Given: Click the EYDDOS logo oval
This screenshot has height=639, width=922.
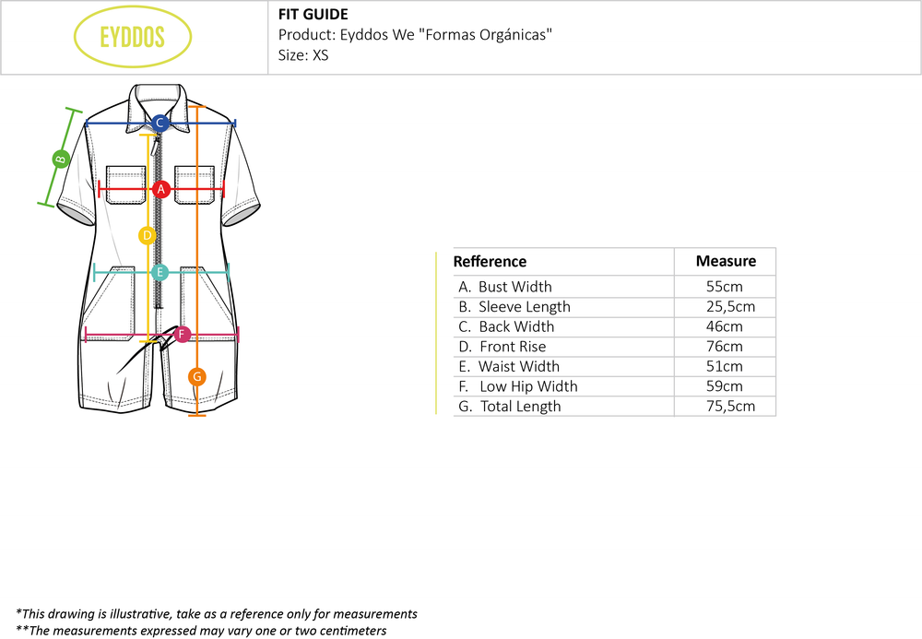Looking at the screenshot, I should [132, 38].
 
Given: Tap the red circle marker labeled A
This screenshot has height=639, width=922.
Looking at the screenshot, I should [161, 190].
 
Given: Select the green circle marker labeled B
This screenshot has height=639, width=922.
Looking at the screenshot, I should [61, 158].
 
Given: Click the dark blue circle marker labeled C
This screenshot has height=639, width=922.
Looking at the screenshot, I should [160, 123].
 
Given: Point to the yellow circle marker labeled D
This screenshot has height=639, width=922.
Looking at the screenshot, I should [147, 236].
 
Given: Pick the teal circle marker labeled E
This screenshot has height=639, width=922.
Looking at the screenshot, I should [160, 272].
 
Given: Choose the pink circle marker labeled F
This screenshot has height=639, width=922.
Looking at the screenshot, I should [182, 334].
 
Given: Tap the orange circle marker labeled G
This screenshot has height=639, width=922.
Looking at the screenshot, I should [196, 376].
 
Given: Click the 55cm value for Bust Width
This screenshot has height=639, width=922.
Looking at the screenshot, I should [725, 287].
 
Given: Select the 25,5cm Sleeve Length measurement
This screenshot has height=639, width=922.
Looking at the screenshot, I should [725, 307].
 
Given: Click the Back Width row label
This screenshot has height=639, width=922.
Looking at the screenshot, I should [516, 326].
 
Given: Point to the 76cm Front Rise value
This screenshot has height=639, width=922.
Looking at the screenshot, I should [725, 347].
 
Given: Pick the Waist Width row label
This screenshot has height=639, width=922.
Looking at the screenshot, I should [518, 366].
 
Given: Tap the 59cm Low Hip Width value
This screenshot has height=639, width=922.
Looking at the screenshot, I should [725, 386].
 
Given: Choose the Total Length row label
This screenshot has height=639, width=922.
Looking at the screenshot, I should [520, 407].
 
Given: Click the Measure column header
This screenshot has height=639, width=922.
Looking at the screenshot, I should [726, 261].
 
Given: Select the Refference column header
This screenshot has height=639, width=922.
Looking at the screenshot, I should [490, 262].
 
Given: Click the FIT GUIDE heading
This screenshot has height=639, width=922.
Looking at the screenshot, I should [313, 15].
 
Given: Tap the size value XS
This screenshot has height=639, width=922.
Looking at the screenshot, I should [320, 55].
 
